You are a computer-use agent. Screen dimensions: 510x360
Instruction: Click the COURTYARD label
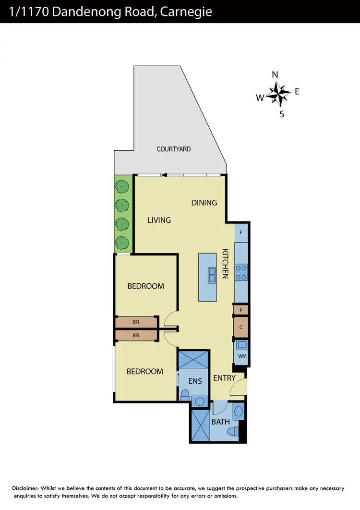pyautogui.click(x=174, y=149)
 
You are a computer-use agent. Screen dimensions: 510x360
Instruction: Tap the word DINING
pyautogui.click(x=204, y=203)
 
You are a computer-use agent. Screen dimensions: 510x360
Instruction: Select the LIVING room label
pyautogui.click(x=159, y=220)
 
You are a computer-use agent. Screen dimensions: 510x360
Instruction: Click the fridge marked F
pyautogui.click(x=240, y=232)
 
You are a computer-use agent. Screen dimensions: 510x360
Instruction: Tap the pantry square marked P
pyautogui.click(x=240, y=310)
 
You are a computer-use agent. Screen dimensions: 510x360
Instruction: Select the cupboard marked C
pyautogui.click(x=240, y=327)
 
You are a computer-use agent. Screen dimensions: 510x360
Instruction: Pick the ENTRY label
pyautogui.click(x=224, y=378)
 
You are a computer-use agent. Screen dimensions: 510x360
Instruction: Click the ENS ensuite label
pyautogui.click(x=194, y=381)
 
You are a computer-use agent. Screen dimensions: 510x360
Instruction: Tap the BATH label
pyautogui.click(x=221, y=422)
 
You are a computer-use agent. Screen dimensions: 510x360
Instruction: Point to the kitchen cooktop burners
pyautogui.click(x=241, y=273)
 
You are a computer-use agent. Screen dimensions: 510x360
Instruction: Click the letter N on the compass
pyautogui.click(x=275, y=75)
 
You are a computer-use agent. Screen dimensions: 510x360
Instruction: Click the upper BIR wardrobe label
pyautogui.click(x=136, y=322)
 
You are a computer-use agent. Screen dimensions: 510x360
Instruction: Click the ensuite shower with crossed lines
pyautogui.click(x=193, y=359)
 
